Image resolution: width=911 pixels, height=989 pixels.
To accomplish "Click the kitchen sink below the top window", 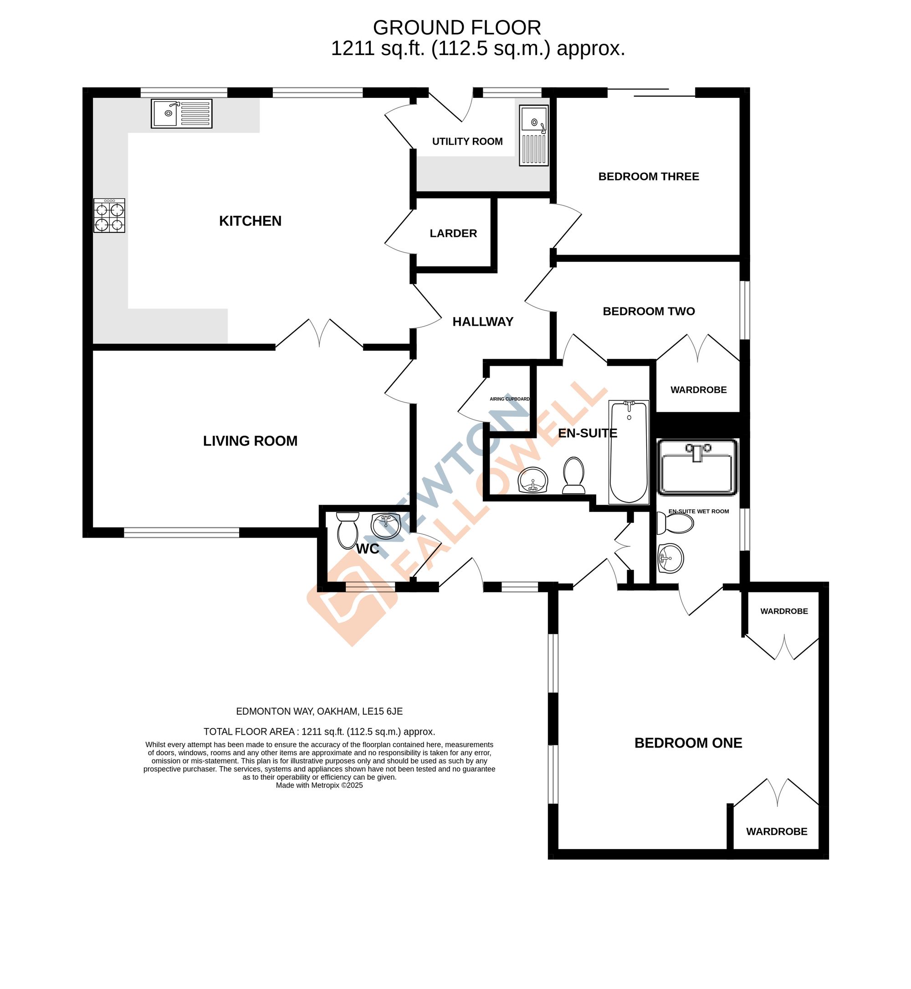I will pyautogui.click(x=181, y=113).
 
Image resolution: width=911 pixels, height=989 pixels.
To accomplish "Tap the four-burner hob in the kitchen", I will pyautogui.click(x=109, y=215).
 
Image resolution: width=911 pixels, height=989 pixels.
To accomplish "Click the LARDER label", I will pyautogui.click(x=453, y=233).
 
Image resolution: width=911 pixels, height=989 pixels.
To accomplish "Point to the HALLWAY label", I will pyautogui.click(x=483, y=322).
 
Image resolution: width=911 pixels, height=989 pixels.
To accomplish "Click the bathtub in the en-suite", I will pyautogui.click(x=629, y=451).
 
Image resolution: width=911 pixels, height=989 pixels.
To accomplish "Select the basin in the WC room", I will pyautogui.click(x=386, y=526).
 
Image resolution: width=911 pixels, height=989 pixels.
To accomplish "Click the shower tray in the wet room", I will pyautogui.click(x=696, y=467).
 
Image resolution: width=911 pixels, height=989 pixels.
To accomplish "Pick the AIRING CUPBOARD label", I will pyautogui.click(x=509, y=399).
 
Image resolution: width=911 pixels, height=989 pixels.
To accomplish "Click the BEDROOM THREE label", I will pyautogui.click(x=648, y=176).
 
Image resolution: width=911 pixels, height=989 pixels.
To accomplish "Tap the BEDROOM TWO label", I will pyautogui.click(x=648, y=311).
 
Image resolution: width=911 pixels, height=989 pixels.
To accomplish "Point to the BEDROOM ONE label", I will pyautogui.click(x=688, y=743).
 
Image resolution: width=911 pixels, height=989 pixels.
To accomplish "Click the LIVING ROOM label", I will pyautogui.click(x=250, y=441).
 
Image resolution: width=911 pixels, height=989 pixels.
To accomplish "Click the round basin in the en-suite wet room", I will pyautogui.click(x=670, y=558).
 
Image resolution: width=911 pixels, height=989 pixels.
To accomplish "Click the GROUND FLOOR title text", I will pyautogui.click(x=456, y=28).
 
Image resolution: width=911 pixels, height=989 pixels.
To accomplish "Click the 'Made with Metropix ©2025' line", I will pyautogui.click(x=319, y=785).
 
